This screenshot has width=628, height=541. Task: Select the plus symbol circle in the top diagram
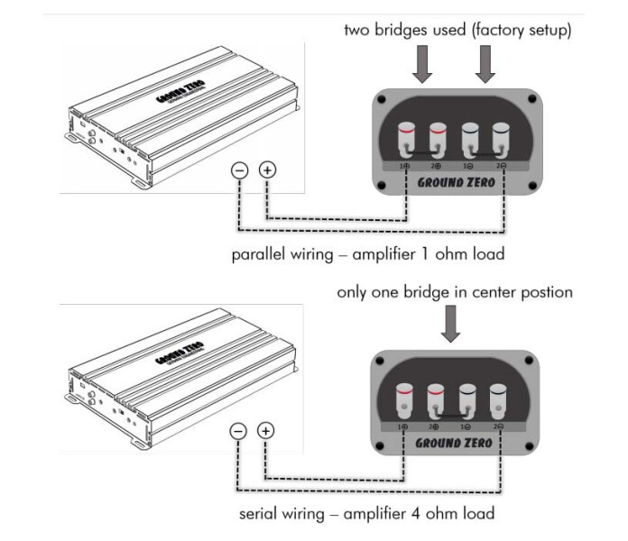[x=267, y=170]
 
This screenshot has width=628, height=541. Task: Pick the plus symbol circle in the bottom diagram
[x=267, y=431]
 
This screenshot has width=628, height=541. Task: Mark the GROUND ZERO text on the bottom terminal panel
[x=452, y=442]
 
